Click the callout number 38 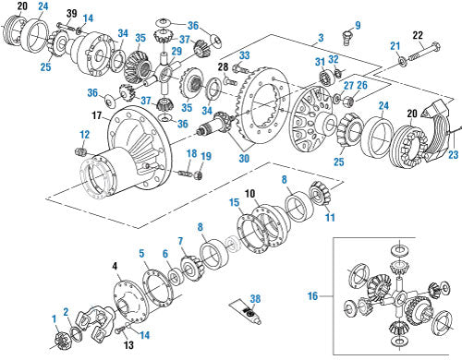point(255,299)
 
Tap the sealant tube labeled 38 point(246,312)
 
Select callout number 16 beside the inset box point(312,296)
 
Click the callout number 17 point(97,115)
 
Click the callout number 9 point(358,25)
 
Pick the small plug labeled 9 point(346,38)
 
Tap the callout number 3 point(321,38)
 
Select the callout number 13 point(128,345)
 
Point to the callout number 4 point(115,267)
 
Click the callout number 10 point(250,194)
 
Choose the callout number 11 point(330,218)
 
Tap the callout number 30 point(244,159)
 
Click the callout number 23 point(454,155)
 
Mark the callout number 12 point(84,135)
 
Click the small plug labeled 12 point(80,151)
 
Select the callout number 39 point(72,13)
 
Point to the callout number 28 point(224,66)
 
